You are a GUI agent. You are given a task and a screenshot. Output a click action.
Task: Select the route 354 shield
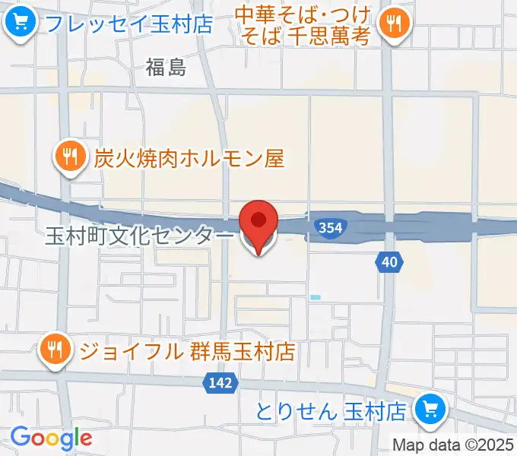329,228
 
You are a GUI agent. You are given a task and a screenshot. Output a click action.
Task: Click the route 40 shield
389,262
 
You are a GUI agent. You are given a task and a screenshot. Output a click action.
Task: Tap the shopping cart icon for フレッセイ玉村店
19,22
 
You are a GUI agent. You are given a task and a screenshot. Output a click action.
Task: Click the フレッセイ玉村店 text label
128,24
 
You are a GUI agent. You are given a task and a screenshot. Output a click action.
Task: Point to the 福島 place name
166,68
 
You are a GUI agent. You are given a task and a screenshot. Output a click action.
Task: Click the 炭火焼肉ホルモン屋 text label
189,158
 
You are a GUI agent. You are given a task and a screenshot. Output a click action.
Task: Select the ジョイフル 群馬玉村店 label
187,351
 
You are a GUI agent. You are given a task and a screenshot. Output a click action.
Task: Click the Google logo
51,438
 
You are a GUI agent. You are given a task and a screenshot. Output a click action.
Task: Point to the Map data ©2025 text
454,445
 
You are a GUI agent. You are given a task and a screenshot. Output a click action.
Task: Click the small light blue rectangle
315,296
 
